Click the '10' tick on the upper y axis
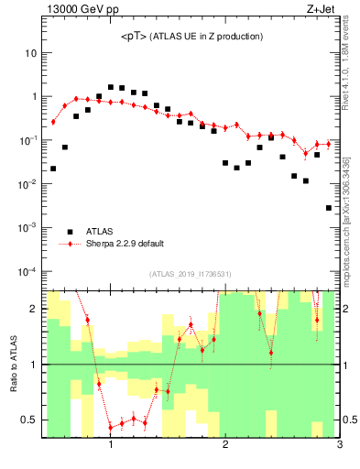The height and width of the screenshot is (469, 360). click(30, 53)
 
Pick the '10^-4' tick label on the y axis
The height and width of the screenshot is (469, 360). click(27, 272)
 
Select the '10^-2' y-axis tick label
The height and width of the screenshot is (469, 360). click(27, 184)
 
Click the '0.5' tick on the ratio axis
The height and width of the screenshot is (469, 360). click(28, 420)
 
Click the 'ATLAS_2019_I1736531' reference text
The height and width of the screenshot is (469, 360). click(190, 274)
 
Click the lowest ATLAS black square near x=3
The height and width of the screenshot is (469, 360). click(328, 208)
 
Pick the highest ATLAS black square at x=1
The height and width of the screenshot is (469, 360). click(111, 87)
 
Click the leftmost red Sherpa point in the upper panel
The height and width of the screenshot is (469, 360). click(53, 122)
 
